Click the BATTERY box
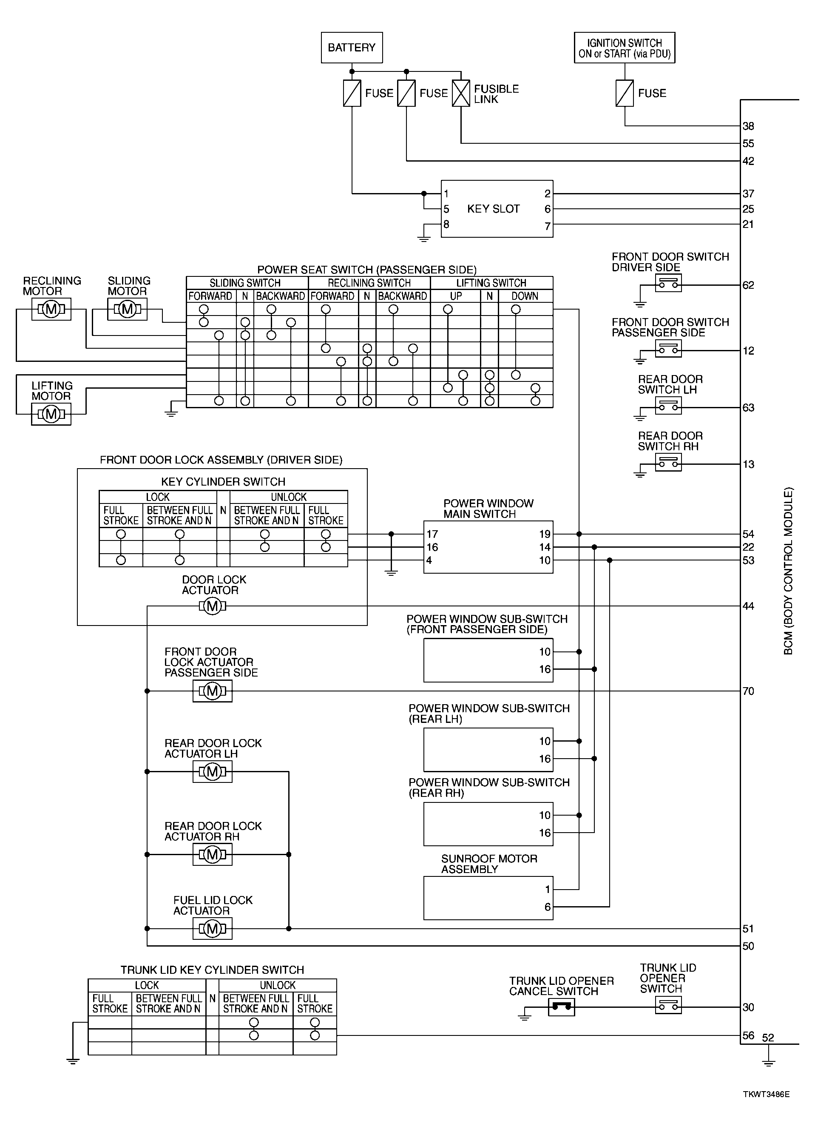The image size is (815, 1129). coord(351,48)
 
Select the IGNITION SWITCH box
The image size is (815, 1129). coord(624,48)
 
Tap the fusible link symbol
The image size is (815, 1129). coord(461,93)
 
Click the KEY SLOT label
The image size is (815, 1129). coord(493,209)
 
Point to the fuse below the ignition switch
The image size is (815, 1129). coord(625,93)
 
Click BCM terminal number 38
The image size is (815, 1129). coord(748,126)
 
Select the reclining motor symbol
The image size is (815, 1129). coord(51,310)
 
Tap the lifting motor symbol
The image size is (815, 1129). coord(51,414)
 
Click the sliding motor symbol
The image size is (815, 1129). coord(128,310)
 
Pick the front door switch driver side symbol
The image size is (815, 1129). coord(668,284)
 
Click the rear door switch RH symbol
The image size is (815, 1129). coord(668,464)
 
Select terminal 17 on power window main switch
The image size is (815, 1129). coord(432,534)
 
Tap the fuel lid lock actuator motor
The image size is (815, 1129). coord(213,928)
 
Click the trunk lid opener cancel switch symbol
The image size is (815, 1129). coord(561,1007)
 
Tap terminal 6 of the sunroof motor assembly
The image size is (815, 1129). coord(547,907)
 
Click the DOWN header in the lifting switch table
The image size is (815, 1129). coord(525,296)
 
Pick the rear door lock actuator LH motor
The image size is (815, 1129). coord(213,771)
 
